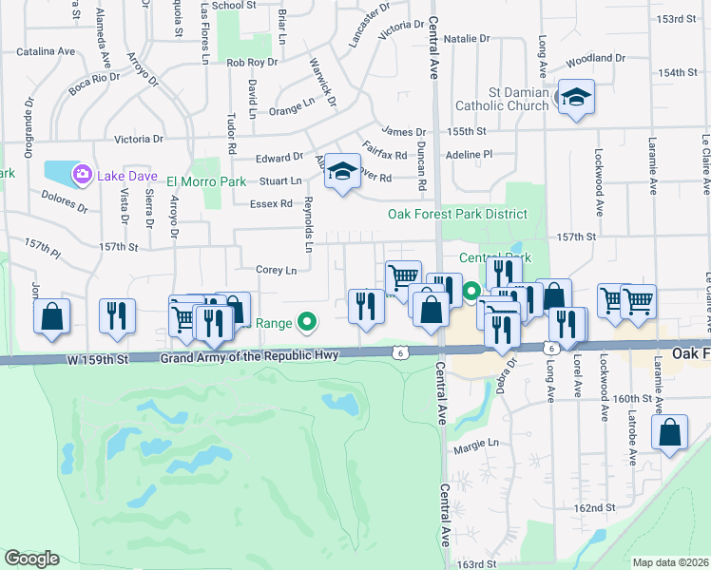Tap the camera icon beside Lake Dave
82,173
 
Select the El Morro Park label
206,181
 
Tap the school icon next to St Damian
575,98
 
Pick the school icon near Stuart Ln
343,171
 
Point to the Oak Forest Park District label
457,214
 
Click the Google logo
31,559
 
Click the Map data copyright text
670,562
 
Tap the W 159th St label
97,358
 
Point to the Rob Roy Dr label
252,63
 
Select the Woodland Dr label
595,59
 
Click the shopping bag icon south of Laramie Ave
670,432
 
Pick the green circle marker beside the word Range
306,323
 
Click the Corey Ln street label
277,271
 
